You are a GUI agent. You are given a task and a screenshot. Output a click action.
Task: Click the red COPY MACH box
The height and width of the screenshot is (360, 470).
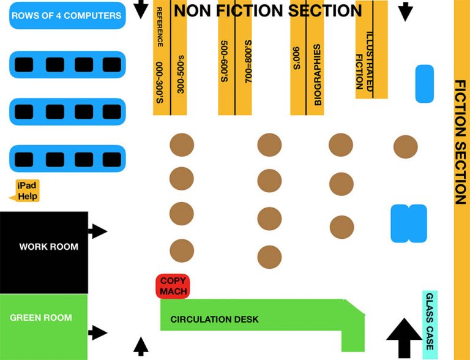[173, 286]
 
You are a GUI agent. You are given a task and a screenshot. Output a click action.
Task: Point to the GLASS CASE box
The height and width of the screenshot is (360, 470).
[430, 324]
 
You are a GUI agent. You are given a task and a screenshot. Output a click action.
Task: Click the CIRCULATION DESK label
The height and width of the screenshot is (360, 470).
[214, 320]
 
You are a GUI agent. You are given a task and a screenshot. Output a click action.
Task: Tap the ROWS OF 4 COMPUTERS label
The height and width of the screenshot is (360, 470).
[67, 15]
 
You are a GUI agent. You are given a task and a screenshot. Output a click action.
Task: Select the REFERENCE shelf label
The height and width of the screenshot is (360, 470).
[160, 28]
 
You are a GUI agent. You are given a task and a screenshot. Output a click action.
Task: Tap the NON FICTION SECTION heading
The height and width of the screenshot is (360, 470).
[268, 10]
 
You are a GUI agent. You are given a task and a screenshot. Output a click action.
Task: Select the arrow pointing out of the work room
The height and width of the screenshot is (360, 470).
[97, 231]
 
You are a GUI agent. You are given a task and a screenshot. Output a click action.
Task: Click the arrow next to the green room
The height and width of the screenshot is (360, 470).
[97, 333]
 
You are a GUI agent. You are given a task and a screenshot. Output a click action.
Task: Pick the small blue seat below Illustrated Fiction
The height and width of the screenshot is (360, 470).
[424, 83]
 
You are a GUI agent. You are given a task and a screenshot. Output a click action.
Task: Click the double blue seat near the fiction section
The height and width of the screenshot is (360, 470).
[408, 223]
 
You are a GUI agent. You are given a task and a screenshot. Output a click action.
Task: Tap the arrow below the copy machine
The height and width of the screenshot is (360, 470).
[141, 346]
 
